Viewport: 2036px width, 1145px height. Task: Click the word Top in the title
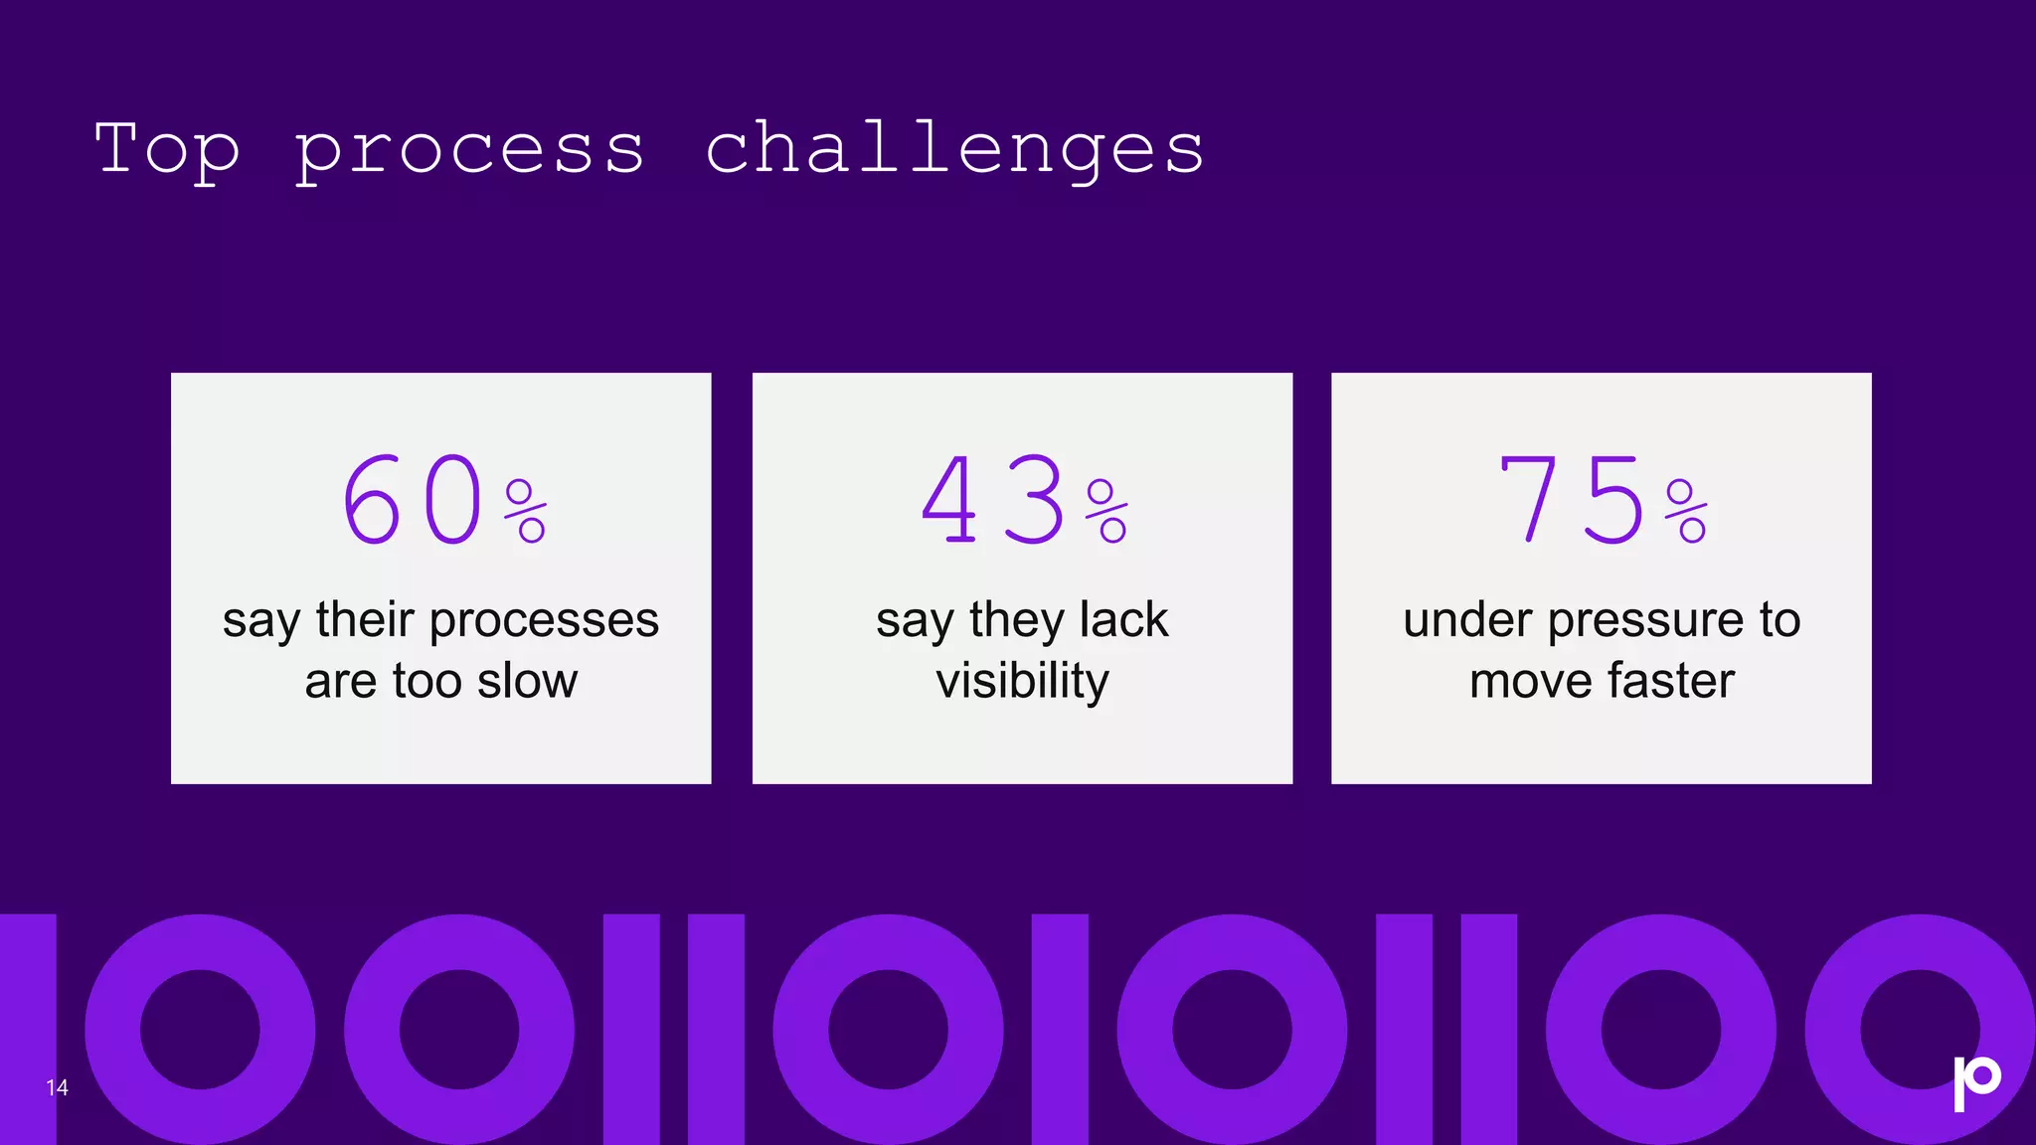[x=167, y=149]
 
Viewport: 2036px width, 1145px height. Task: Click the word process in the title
[x=469, y=151]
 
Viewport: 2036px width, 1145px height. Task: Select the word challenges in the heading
[x=954, y=151]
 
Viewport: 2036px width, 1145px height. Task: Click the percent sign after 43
[x=1106, y=511]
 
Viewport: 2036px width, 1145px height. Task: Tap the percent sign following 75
[x=1686, y=511]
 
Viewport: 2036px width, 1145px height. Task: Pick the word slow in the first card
[x=527, y=682]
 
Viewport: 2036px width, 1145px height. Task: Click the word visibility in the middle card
[x=1022, y=683]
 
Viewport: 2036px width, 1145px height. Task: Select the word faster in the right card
[x=1670, y=682]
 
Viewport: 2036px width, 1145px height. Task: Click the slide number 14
[x=57, y=1087]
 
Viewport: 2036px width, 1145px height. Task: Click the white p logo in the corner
[x=1976, y=1081]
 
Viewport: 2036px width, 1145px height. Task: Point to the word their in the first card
[x=365, y=620]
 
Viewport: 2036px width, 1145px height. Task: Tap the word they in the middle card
[x=1016, y=622]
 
